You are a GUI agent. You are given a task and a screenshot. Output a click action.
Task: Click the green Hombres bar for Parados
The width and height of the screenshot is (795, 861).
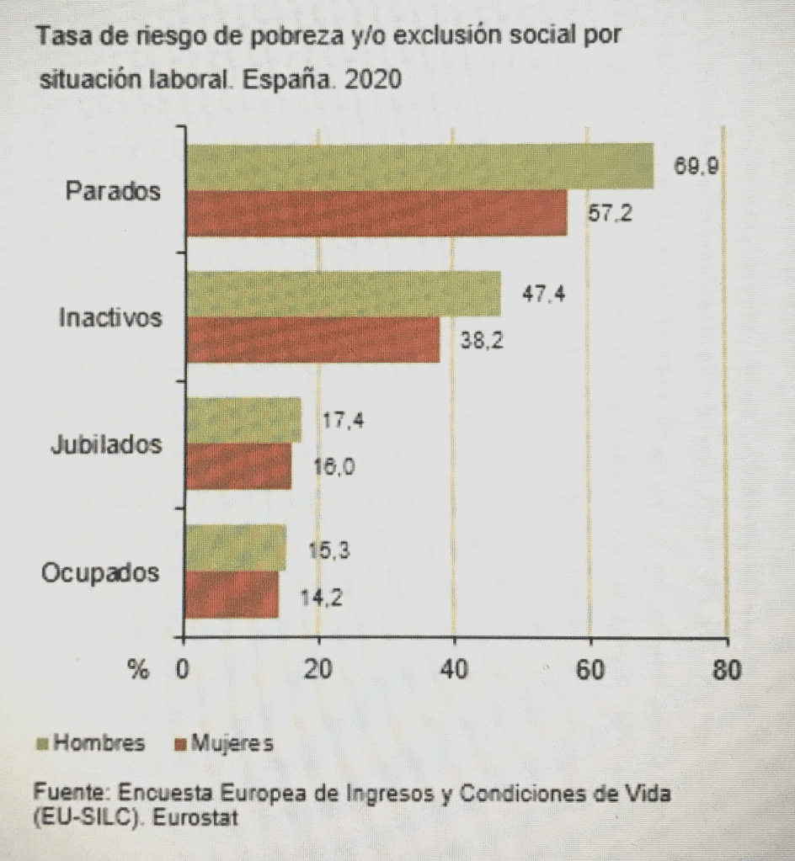(x=419, y=166)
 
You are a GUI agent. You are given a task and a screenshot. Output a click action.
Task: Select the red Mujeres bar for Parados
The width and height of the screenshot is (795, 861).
(x=376, y=213)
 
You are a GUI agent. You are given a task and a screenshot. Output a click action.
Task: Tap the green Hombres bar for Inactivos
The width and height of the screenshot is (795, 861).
(x=343, y=295)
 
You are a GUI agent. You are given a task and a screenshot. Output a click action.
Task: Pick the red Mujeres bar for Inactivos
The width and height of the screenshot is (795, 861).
(x=312, y=340)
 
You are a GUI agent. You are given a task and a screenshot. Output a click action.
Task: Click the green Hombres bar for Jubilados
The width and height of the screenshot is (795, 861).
(x=243, y=419)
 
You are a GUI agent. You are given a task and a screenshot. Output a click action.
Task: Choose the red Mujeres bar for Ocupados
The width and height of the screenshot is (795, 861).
(x=232, y=595)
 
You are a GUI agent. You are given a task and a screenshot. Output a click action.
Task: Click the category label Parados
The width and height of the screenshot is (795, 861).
(x=113, y=191)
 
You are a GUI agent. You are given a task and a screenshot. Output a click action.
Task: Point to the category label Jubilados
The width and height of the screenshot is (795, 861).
(x=105, y=444)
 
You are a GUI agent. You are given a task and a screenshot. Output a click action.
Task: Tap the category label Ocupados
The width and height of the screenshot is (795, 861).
(x=100, y=574)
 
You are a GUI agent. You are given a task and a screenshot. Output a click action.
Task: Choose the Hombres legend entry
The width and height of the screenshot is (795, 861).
(x=91, y=743)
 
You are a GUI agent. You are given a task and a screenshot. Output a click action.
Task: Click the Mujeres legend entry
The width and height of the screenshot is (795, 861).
(x=223, y=743)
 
